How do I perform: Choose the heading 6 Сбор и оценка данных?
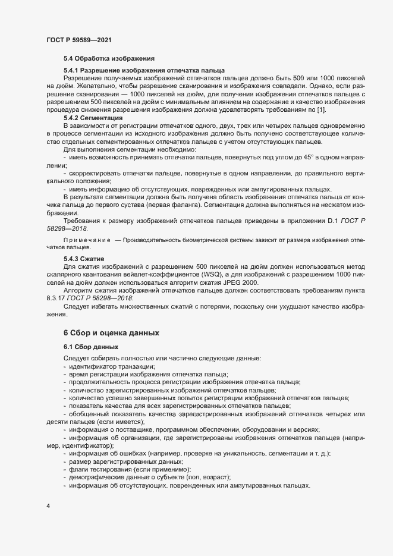111,332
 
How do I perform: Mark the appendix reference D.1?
333,220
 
